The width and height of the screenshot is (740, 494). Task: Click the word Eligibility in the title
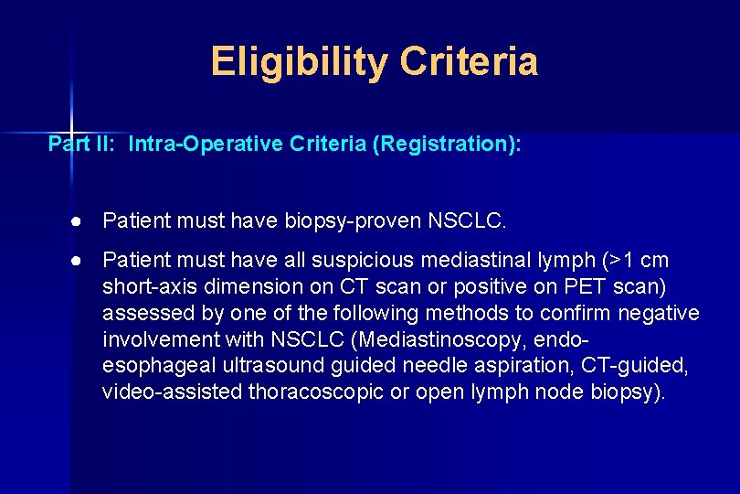pos(299,62)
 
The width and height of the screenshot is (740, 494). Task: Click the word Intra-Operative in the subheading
pos(188,144)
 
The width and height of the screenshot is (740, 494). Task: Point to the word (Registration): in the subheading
pos(447,144)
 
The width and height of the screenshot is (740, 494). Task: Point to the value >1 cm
pos(640,261)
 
